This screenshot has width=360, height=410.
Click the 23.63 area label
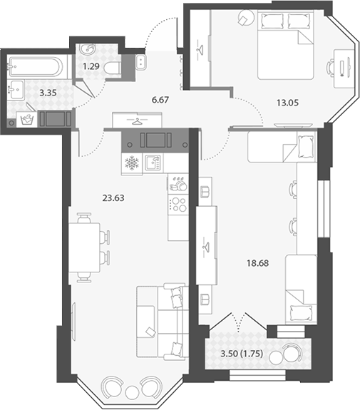coord(113,198)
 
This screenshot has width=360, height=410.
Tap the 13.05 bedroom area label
coord(287,103)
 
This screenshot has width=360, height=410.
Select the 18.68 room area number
coord(258,263)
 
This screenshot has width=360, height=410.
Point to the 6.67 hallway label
coord(160,100)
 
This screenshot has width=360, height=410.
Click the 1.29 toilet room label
coord(91,66)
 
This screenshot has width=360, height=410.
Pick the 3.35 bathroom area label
coord(48,93)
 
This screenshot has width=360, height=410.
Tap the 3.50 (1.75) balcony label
coord(242,354)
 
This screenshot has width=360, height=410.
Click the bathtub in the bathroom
coord(36,67)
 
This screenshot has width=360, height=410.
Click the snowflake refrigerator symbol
coord(132,163)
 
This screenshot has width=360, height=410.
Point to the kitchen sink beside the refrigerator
coord(153,163)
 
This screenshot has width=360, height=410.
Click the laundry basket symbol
coord(27,120)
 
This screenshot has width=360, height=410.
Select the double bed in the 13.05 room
coord(285,45)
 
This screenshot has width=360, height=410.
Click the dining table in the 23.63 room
coord(84,247)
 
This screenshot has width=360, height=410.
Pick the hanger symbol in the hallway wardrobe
coord(137,121)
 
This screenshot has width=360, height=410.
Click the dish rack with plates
coord(178,184)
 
